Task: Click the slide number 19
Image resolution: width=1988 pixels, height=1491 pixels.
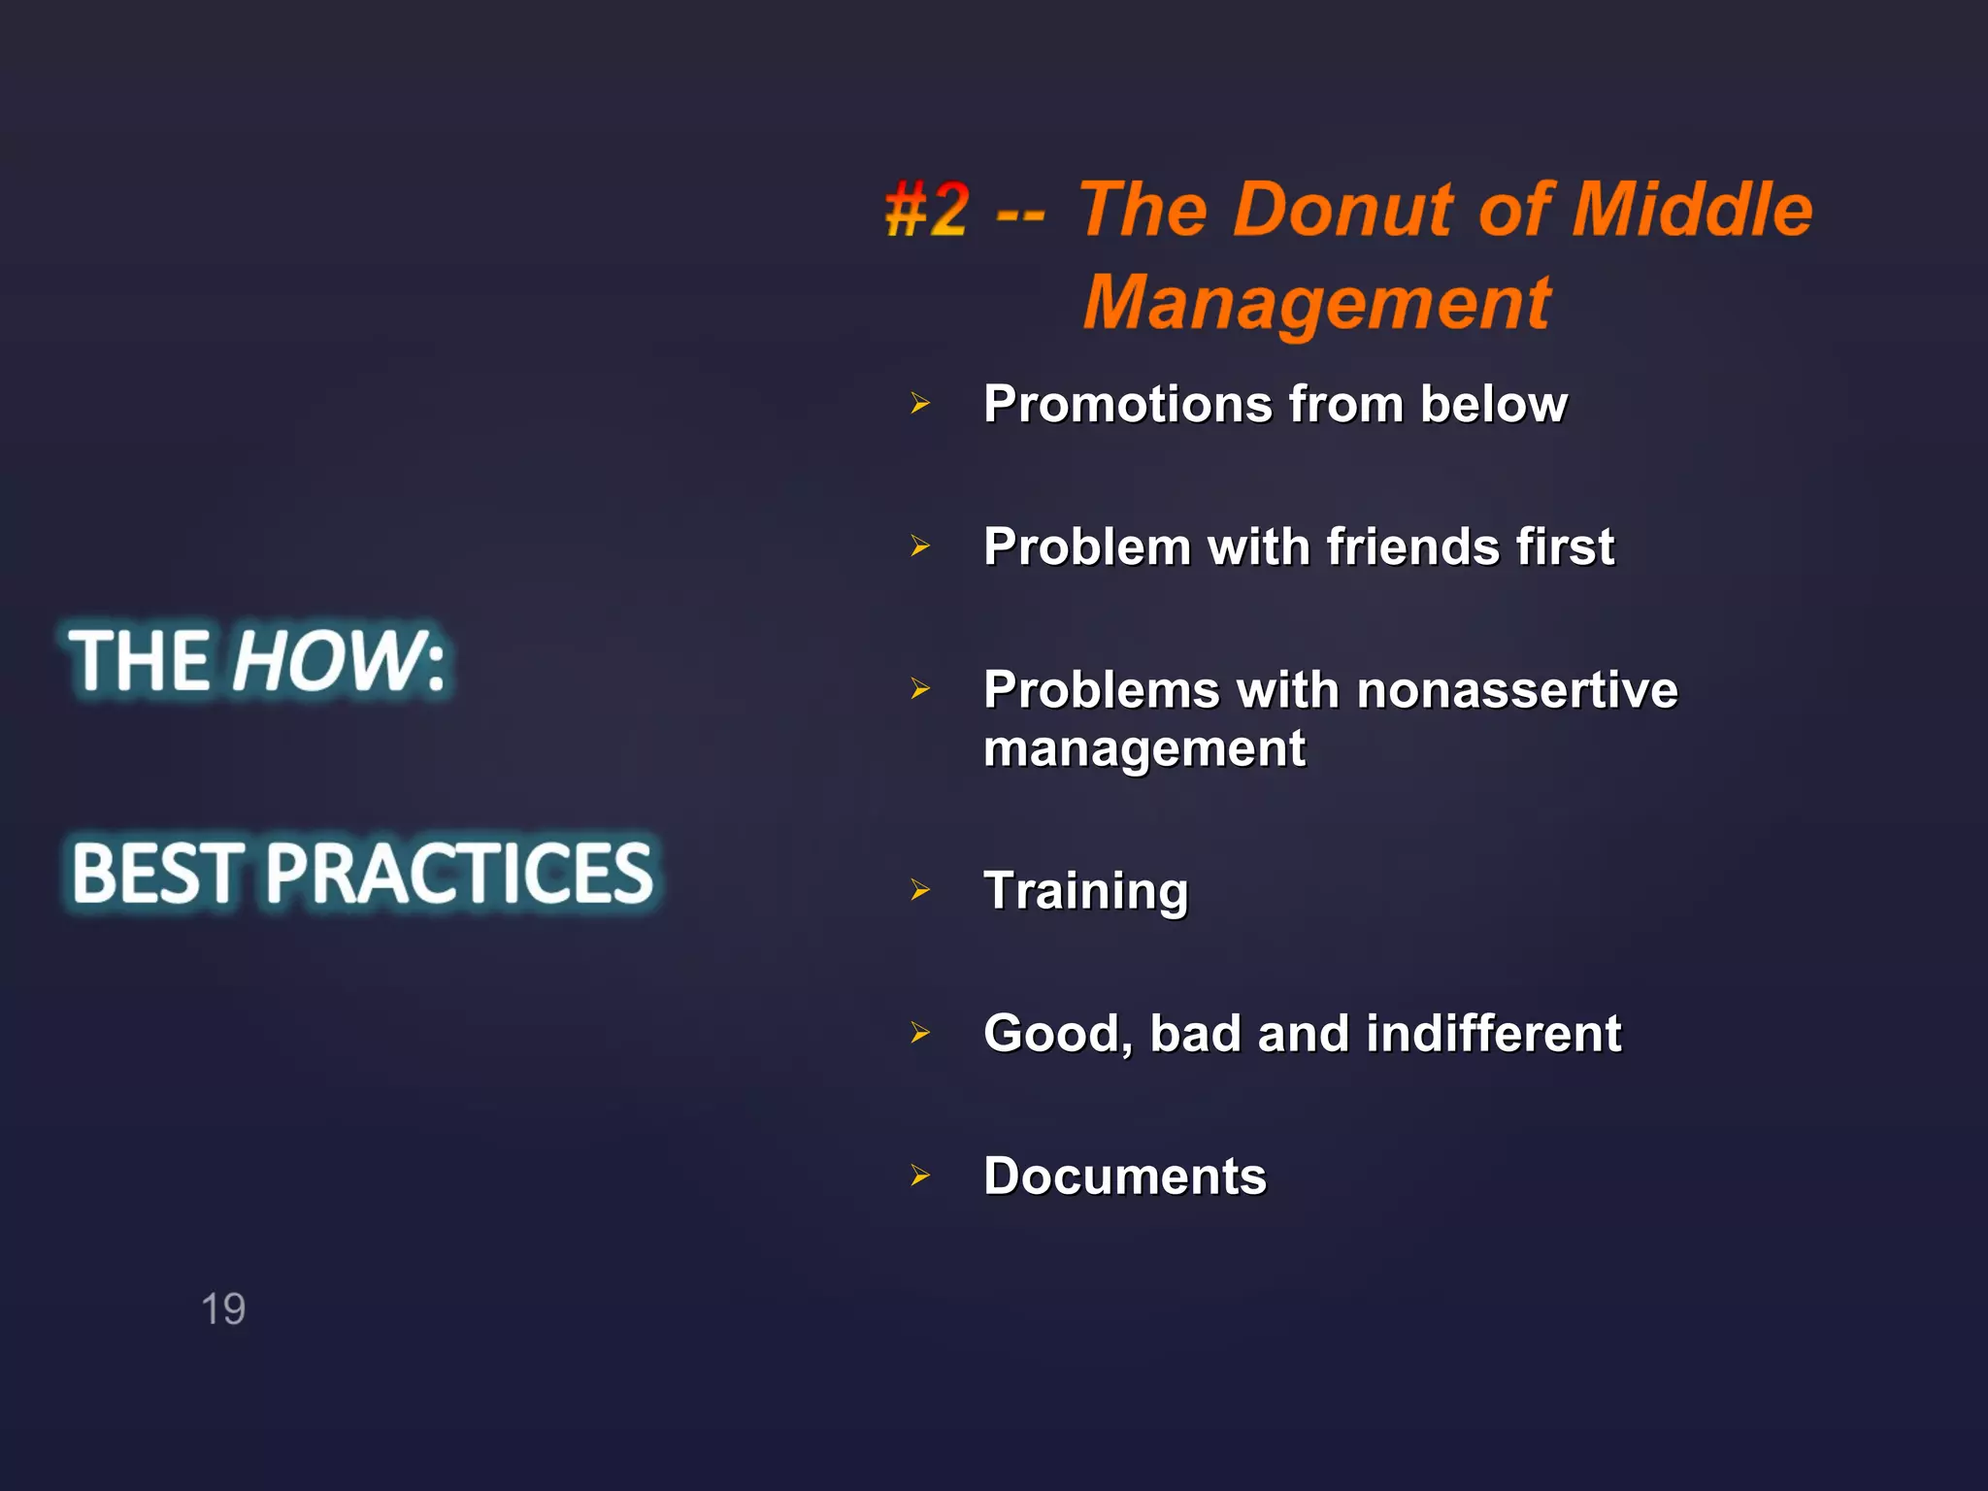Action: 223,1309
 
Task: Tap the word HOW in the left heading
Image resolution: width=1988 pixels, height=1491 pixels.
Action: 325,661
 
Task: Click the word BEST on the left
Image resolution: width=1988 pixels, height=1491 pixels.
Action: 155,873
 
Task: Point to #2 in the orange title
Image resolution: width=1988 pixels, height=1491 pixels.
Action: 927,210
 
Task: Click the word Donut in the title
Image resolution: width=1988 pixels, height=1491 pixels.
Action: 1345,210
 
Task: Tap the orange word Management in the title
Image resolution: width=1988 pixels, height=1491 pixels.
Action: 1316,303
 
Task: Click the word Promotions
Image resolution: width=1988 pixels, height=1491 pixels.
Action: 1127,404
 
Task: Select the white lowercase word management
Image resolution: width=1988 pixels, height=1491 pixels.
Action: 1144,749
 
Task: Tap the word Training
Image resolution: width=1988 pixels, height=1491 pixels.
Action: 1085,891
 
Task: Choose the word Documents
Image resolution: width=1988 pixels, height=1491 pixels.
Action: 1125,1176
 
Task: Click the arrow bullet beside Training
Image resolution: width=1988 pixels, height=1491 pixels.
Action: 920,889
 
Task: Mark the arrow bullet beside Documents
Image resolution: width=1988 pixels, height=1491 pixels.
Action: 920,1176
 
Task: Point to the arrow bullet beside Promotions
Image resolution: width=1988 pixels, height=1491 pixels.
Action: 920,403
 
